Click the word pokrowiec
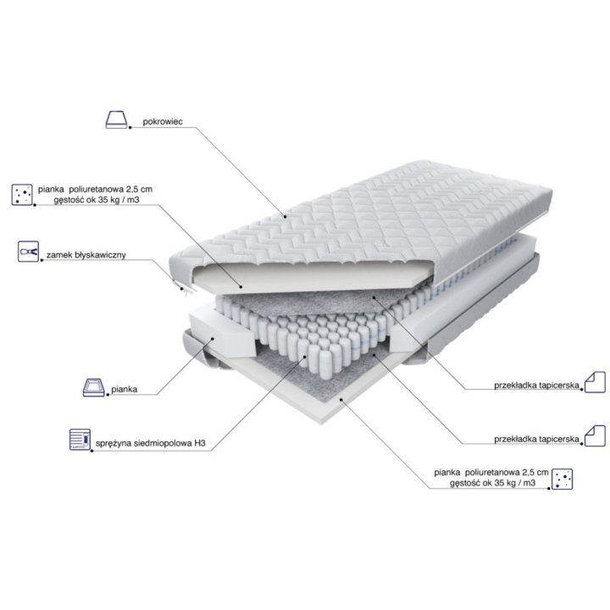163,121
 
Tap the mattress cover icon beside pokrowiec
117,119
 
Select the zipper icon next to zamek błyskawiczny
29,252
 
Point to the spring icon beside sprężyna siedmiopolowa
80,440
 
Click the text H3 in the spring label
200,443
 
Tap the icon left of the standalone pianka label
94,387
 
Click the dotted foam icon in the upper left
22,195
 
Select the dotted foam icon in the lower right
563,479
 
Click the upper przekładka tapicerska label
537,385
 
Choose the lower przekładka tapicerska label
537,439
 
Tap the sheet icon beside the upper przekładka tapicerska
596,381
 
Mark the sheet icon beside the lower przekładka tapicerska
596,435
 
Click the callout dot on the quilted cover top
286,217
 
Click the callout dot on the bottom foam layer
341,399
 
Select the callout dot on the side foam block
213,338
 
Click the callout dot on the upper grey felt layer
373,297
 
